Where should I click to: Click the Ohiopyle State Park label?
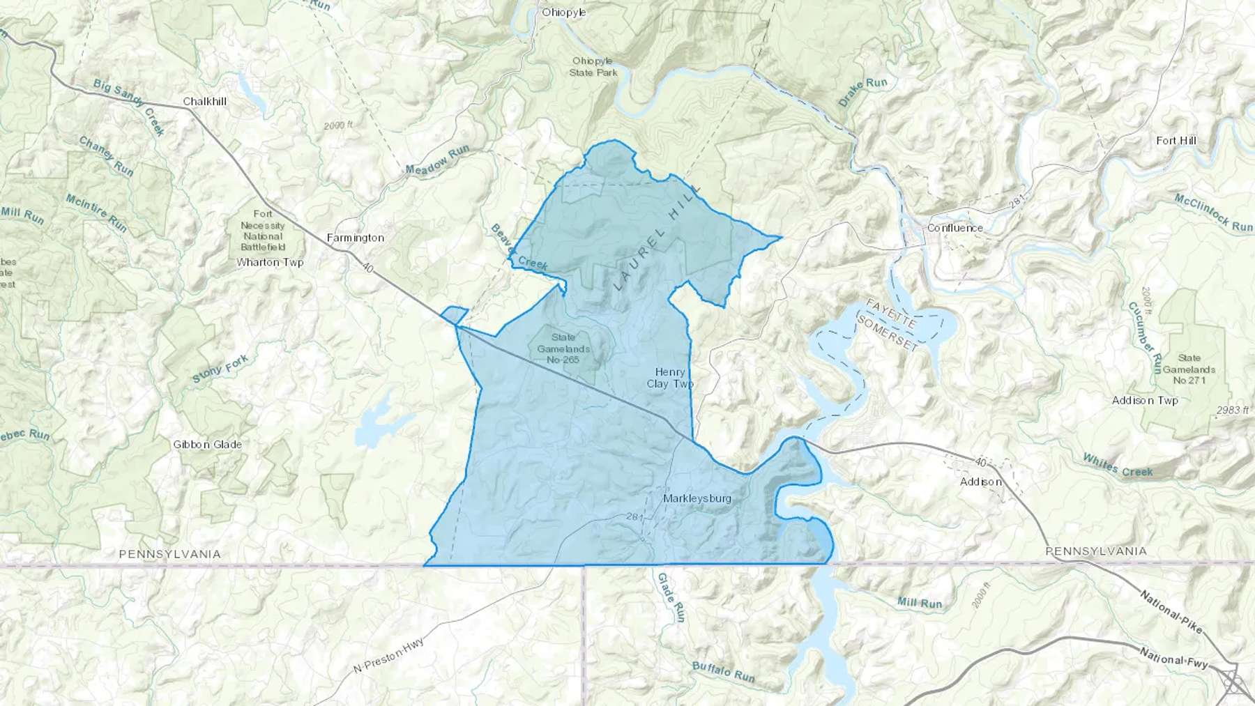point(593,67)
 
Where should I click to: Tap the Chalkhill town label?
point(205,102)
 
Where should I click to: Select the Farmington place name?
point(356,238)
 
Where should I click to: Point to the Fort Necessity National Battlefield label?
point(263,231)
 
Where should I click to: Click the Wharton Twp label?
point(270,263)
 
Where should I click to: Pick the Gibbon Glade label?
point(208,445)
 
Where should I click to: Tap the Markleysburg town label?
point(697,498)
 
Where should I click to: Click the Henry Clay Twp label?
point(670,378)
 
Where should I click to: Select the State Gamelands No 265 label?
point(563,348)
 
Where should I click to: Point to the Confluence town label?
point(955,228)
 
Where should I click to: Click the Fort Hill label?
point(1176,141)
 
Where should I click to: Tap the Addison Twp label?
point(1145,401)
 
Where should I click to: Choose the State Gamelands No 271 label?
point(1189,369)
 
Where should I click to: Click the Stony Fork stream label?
point(220,369)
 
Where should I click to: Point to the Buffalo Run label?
point(723,672)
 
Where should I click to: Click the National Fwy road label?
point(1173,658)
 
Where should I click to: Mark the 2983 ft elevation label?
point(1233,410)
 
